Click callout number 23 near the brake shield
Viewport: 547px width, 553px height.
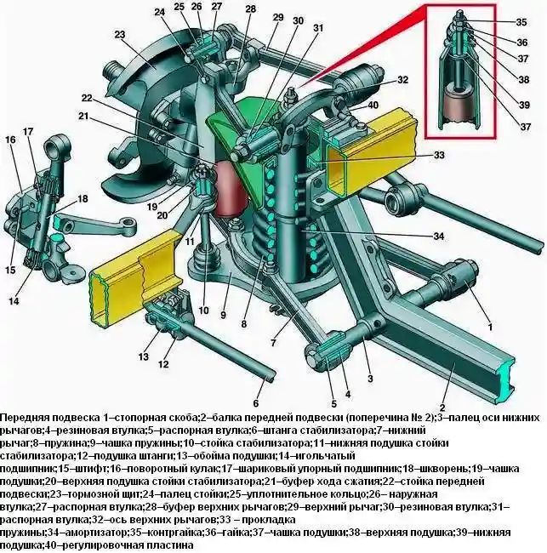119,35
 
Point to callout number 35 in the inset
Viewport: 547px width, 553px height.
521,21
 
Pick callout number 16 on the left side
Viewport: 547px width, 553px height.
10,140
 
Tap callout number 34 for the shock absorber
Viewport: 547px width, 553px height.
414,236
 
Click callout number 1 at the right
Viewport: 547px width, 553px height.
489,327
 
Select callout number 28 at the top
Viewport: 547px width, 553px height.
250,9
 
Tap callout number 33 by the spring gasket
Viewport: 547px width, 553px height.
414,156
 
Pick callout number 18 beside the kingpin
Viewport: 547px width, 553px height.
83,198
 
